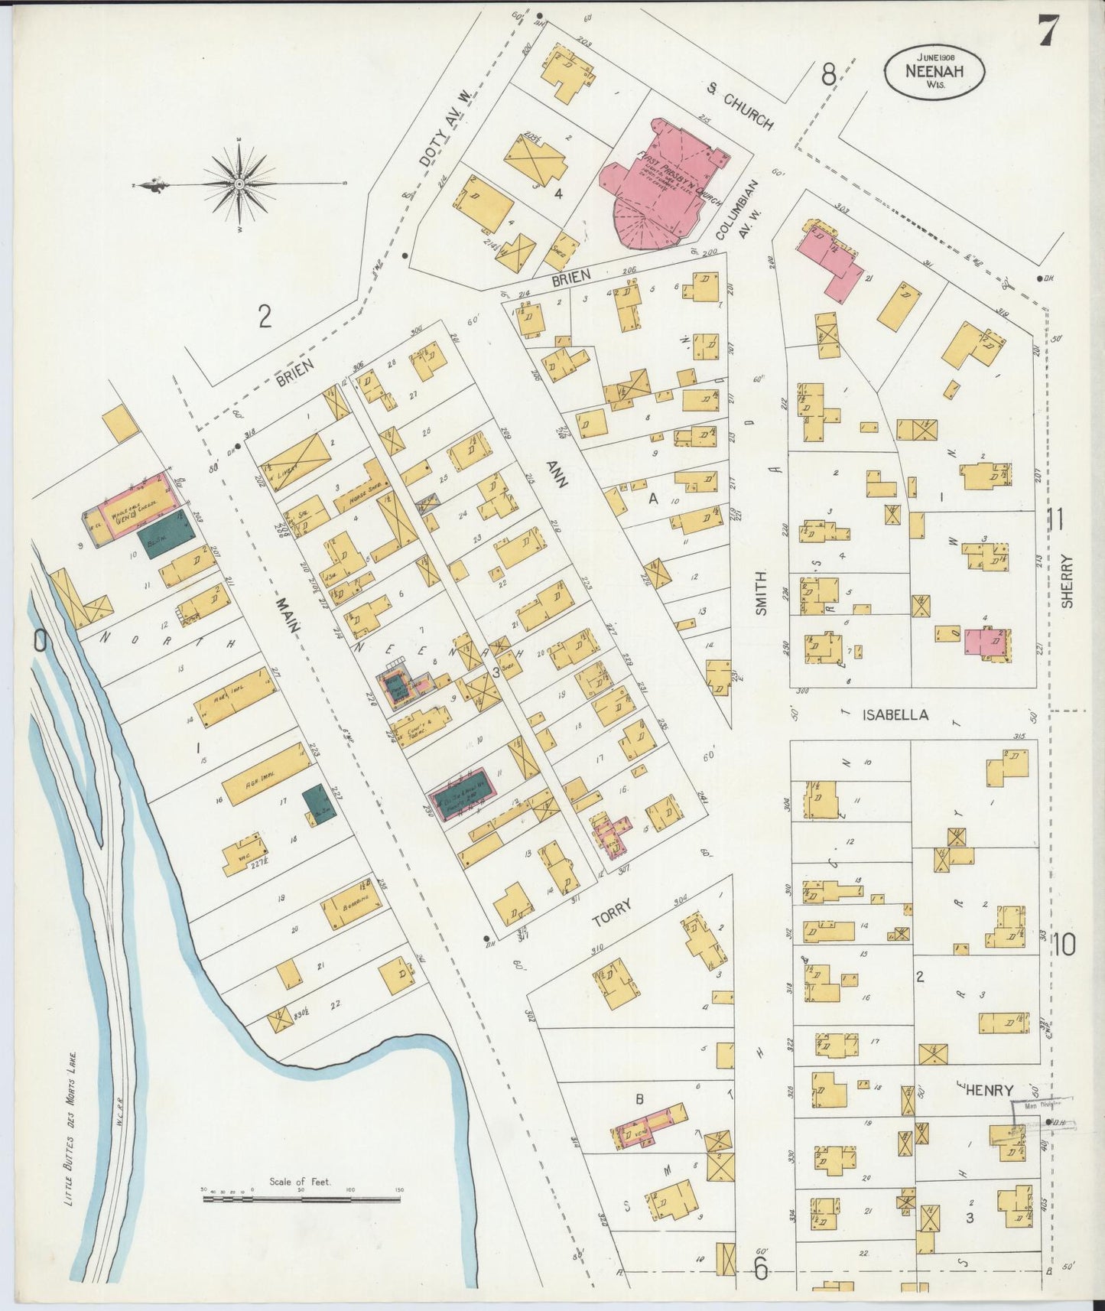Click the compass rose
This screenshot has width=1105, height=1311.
[239, 184]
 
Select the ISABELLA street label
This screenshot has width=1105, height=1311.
[895, 715]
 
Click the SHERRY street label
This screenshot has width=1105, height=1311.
[1068, 581]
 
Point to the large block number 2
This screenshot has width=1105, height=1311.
[265, 316]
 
